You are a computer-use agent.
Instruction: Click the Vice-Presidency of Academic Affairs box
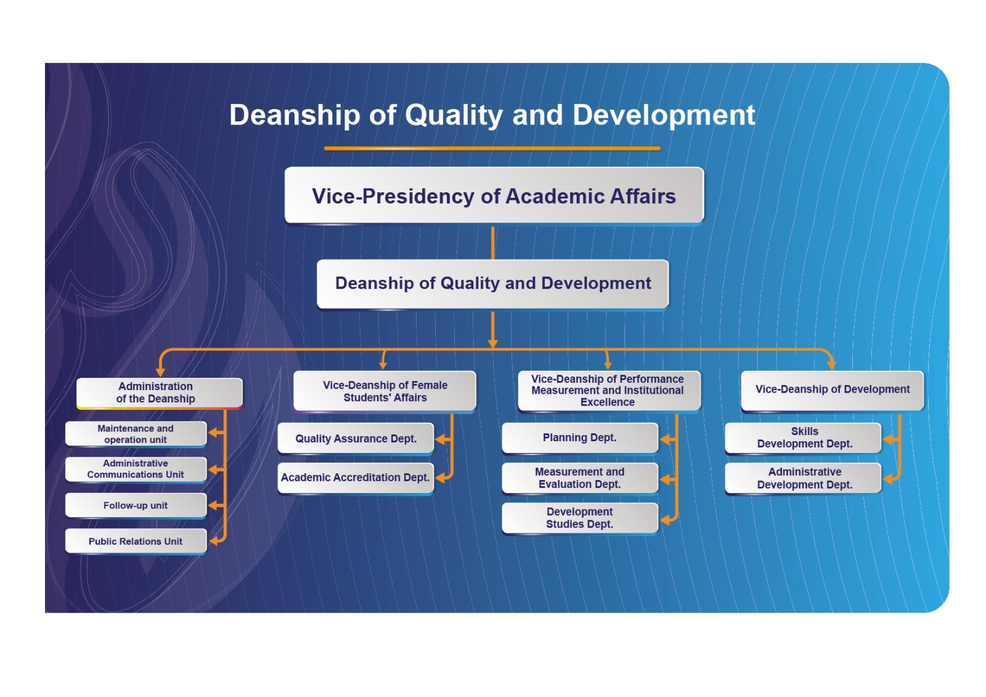[x=494, y=195]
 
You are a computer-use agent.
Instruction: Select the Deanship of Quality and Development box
[x=492, y=284]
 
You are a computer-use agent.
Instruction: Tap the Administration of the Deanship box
[x=160, y=393]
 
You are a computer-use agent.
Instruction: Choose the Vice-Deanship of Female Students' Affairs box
[x=385, y=391]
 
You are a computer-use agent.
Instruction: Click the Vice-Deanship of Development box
[x=833, y=391]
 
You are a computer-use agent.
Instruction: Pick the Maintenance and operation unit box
[x=136, y=434]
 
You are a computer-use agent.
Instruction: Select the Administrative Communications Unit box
[x=136, y=470]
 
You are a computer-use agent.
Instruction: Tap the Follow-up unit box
[x=136, y=505]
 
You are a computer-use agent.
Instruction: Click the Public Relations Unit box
[x=136, y=541]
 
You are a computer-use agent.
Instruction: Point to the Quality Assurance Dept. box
[x=356, y=439]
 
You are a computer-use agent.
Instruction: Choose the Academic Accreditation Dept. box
[x=356, y=478]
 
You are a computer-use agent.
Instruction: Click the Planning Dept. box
[x=580, y=438]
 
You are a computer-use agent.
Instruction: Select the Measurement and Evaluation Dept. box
[x=580, y=478]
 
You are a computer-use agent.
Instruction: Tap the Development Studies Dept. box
[x=580, y=518]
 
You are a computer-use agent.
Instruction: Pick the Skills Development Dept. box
[x=804, y=438]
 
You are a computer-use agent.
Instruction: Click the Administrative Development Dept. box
[x=804, y=478]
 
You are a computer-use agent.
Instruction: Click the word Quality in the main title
[x=454, y=115]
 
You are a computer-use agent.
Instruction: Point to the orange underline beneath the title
[x=492, y=149]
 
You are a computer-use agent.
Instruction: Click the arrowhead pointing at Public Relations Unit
[x=213, y=541]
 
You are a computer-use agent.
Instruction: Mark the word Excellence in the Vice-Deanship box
[x=608, y=402]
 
